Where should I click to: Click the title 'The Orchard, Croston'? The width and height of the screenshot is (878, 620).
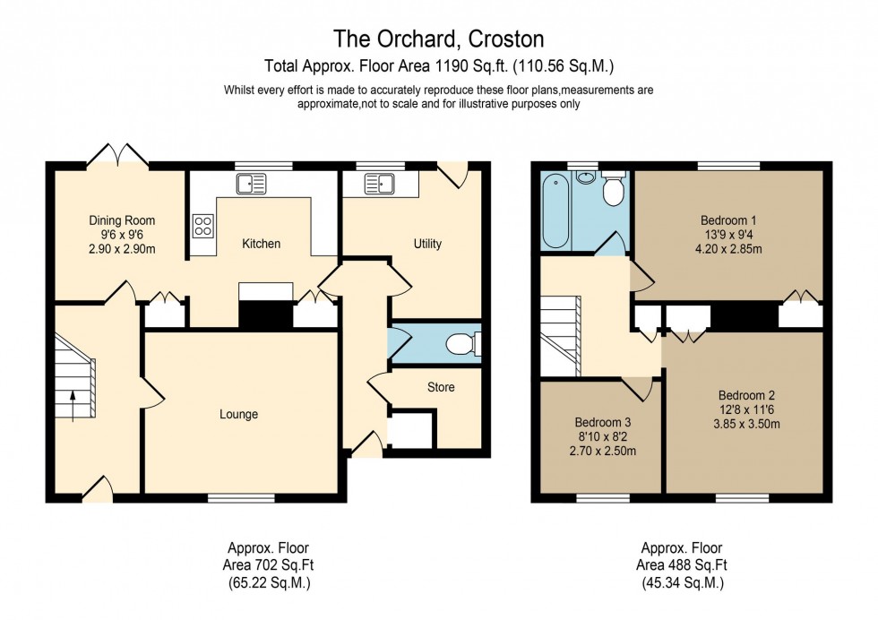(x=438, y=39)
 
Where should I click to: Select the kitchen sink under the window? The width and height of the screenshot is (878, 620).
(x=251, y=184)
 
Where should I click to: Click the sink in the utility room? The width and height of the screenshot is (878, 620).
(x=380, y=184)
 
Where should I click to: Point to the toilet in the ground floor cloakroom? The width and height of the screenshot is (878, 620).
(x=462, y=343)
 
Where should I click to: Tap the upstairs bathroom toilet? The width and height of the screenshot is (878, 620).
(x=615, y=191)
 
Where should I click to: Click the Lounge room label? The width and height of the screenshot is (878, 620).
(x=238, y=414)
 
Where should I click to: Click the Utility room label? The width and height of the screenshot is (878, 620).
(x=427, y=244)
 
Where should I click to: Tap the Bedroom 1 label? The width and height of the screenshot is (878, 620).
(x=728, y=220)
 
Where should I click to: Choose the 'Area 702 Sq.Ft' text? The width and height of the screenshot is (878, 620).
(x=269, y=564)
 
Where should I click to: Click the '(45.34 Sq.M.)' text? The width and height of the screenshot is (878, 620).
(x=681, y=581)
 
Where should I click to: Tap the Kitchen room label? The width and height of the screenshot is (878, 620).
(x=261, y=244)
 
